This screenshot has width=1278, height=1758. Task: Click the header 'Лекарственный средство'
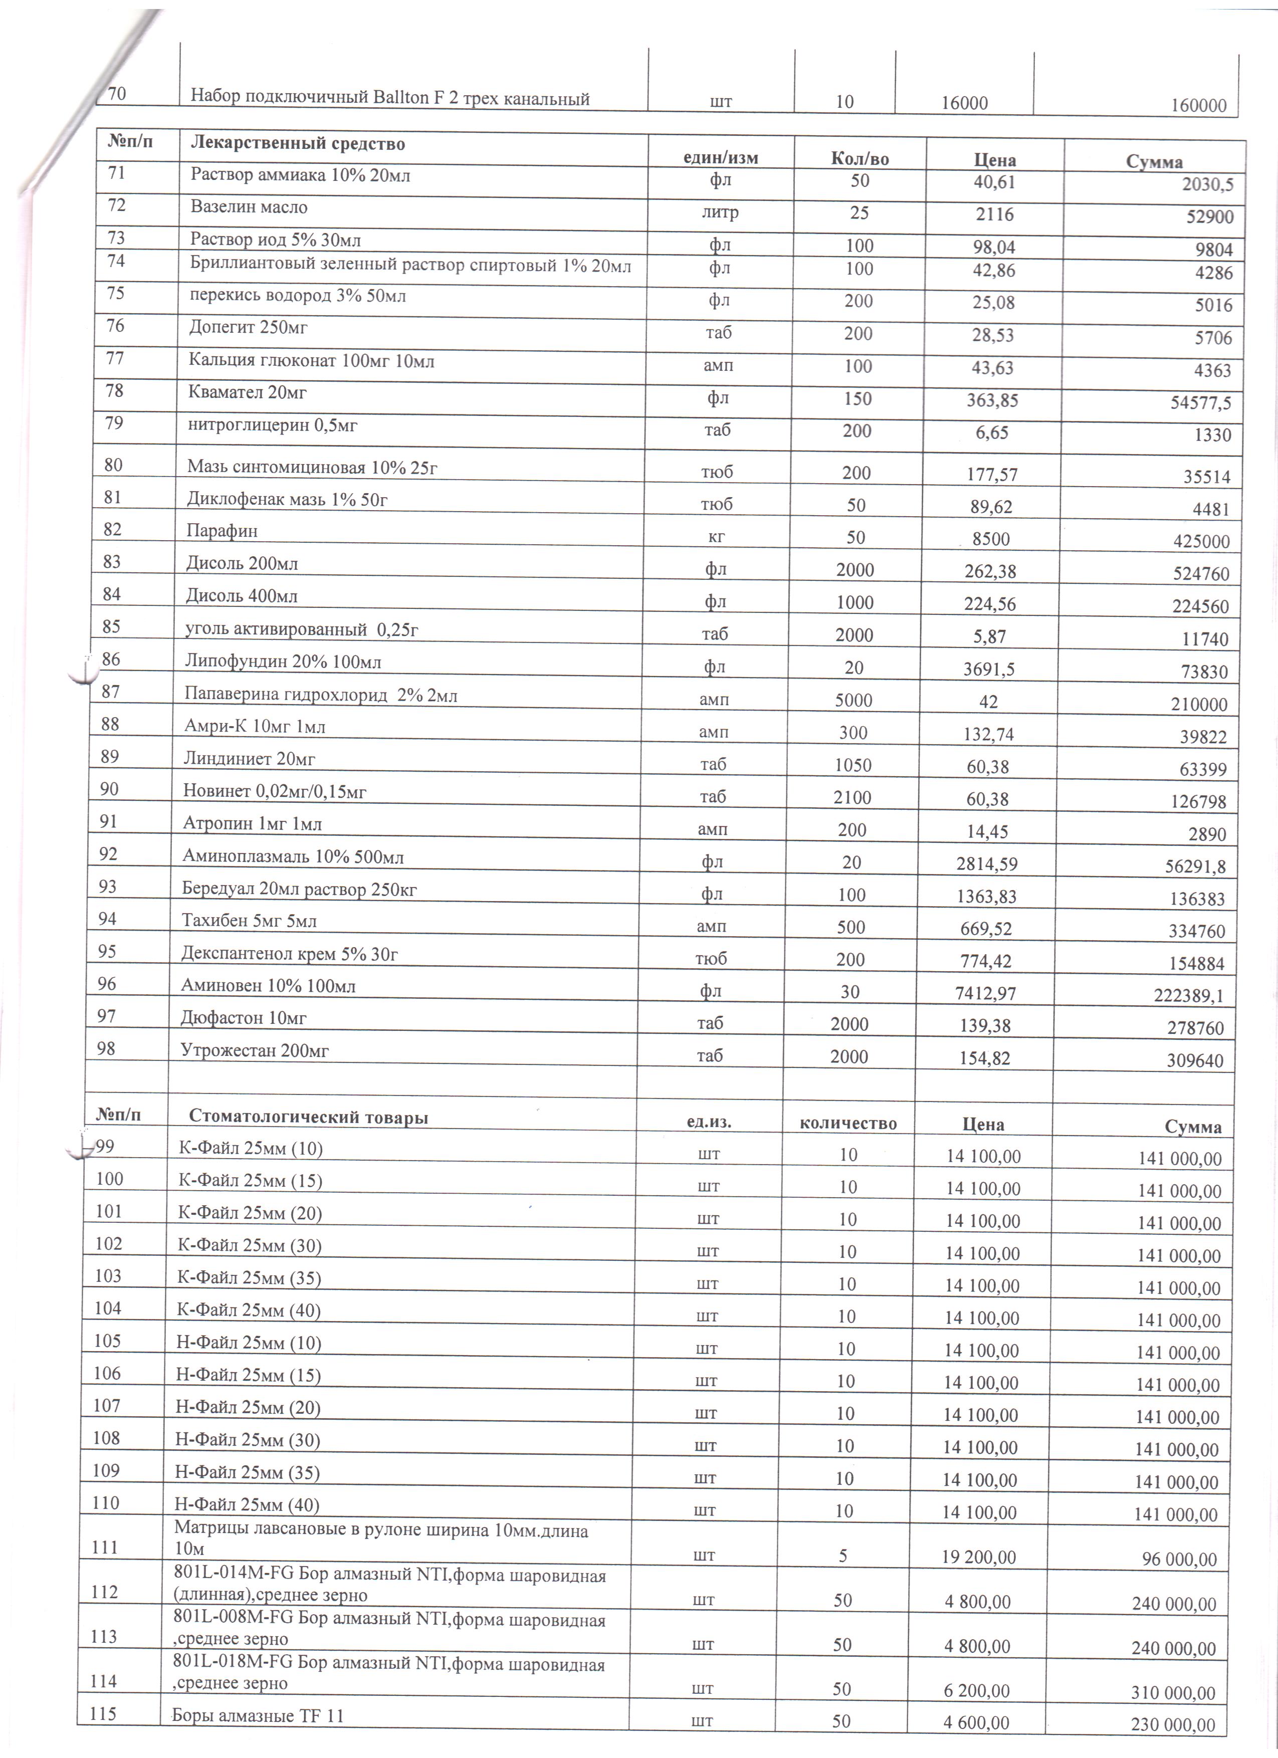298,143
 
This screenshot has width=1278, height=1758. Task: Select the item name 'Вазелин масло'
249,207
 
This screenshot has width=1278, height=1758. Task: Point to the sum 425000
1201,541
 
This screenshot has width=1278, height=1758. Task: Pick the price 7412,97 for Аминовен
986,993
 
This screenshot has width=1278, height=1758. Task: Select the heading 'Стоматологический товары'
308,1117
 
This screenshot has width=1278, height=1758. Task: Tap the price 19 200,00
980,1557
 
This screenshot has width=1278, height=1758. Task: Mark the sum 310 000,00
1173,1692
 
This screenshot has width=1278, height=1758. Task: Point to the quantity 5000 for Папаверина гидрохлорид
854,700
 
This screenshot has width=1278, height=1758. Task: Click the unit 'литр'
720,212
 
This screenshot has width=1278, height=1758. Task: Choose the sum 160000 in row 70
1198,105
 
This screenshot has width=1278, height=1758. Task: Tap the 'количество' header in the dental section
848,1123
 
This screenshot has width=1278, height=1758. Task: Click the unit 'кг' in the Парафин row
716,537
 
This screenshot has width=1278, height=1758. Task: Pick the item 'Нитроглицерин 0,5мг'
272,425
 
